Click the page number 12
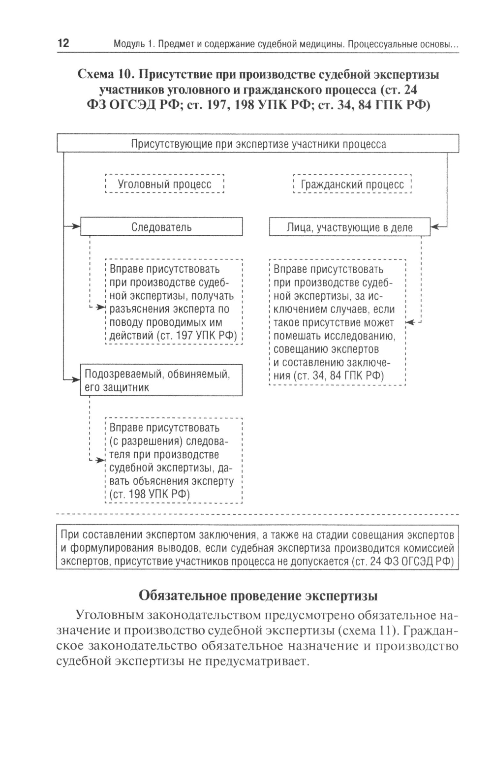point(63,44)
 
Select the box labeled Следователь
point(161,227)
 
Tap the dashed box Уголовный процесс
point(165,184)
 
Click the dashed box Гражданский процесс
point(352,184)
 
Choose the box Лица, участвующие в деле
point(350,227)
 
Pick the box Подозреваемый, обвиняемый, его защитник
point(161,380)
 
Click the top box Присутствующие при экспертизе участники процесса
point(258,144)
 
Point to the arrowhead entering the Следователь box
point(76,227)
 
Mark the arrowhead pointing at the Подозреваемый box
point(76,380)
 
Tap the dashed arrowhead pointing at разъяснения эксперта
point(102,309)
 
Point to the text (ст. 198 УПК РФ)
point(149,494)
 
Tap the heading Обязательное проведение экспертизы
point(258,596)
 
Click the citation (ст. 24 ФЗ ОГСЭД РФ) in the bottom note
point(403,562)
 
